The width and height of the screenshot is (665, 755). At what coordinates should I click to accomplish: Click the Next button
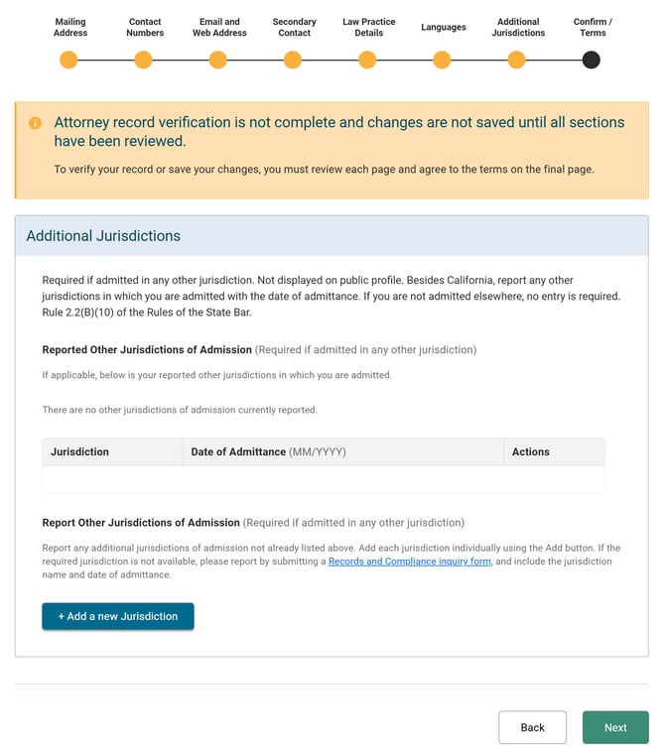pyautogui.click(x=615, y=727)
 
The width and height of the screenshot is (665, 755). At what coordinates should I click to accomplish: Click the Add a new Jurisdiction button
pyautogui.click(x=118, y=616)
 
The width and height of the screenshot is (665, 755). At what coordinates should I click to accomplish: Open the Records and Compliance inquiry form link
pyautogui.click(x=410, y=562)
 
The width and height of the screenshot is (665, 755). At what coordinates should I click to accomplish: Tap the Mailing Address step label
pyautogui.click(x=70, y=27)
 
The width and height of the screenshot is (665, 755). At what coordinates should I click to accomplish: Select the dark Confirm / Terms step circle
pyautogui.click(x=591, y=61)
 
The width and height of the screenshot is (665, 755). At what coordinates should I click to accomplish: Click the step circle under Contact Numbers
pyautogui.click(x=143, y=61)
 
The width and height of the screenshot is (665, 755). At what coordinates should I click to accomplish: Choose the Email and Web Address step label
pyautogui.click(x=219, y=27)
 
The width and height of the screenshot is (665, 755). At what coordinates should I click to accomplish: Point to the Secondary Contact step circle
pyautogui.click(x=293, y=61)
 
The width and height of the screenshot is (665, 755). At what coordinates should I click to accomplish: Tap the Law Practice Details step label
pyautogui.click(x=368, y=27)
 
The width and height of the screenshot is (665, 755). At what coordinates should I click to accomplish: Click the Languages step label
pyautogui.click(x=443, y=27)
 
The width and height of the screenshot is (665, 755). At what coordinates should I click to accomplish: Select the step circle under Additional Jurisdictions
pyautogui.click(x=516, y=61)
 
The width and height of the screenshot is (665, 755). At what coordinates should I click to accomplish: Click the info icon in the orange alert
pyautogui.click(x=35, y=123)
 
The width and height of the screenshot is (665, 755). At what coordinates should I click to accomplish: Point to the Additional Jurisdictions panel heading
pyautogui.click(x=103, y=236)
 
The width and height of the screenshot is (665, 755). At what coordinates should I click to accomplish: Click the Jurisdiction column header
pyautogui.click(x=79, y=451)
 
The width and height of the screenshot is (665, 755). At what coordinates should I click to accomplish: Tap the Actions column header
pyautogui.click(x=531, y=451)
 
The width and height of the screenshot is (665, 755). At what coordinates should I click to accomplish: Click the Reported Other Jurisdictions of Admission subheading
pyautogui.click(x=147, y=349)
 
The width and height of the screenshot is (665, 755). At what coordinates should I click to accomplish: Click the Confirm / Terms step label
pyautogui.click(x=593, y=27)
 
